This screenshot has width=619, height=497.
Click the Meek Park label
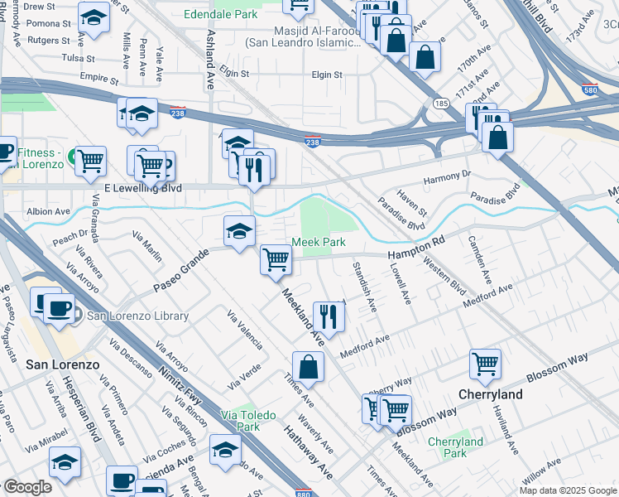pos(318,242)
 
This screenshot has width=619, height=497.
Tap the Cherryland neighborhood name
pos(491,394)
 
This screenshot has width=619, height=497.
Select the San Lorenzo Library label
pos(137,316)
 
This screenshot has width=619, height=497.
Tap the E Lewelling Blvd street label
pos(142,189)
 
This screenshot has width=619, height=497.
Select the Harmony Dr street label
pos(446,174)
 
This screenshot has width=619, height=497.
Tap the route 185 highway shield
pos(440,103)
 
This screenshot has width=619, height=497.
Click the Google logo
pos(26,487)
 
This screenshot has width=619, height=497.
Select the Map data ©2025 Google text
pos(567,490)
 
